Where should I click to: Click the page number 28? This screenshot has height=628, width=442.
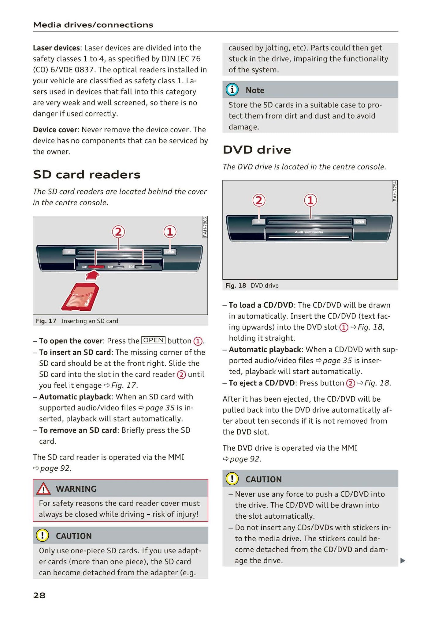[39, 595]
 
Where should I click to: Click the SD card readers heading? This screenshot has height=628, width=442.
[87, 175]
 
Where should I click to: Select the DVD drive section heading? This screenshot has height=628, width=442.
[257, 150]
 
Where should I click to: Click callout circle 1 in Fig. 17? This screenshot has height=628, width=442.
[170, 232]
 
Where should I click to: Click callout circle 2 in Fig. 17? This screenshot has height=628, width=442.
[118, 232]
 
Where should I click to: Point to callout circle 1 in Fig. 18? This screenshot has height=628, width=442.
[310, 200]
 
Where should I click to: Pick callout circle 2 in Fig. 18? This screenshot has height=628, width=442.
[259, 200]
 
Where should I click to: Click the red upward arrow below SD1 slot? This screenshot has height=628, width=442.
[93, 275]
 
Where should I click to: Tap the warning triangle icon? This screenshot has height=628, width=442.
[43, 489]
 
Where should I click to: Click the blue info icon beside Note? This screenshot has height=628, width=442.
[232, 90]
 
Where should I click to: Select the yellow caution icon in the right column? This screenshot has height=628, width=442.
[232, 479]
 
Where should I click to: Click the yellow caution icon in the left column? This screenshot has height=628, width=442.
[42, 535]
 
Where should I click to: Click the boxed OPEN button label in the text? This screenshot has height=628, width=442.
[154, 340]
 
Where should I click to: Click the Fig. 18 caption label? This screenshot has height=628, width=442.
[236, 286]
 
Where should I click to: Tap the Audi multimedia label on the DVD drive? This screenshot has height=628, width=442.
[309, 232]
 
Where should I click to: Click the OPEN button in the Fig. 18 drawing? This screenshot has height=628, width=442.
[360, 221]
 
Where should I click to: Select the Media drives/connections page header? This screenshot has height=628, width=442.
[93, 25]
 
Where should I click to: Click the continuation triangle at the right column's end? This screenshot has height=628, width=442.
[403, 561]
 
